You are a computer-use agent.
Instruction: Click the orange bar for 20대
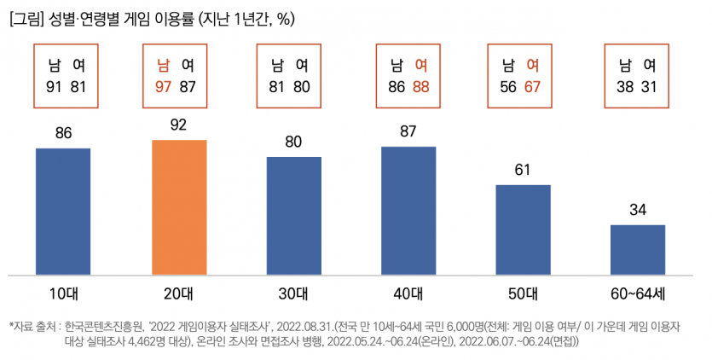[179, 207]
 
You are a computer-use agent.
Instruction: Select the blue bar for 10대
[63, 212]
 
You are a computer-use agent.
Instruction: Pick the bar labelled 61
[524, 229]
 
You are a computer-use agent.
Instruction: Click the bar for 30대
[293, 216]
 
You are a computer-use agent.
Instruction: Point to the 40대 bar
[408, 211]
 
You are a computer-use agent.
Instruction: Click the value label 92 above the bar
[179, 125]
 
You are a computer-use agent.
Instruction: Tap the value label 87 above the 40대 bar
[408, 132]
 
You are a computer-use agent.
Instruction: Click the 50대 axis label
[524, 293]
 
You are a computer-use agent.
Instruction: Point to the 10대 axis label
[63, 293]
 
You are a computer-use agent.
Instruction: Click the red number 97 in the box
[165, 85]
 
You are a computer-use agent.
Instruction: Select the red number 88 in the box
[420, 85]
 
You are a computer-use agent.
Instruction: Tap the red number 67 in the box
[534, 85]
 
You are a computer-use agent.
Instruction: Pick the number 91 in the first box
[51, 85]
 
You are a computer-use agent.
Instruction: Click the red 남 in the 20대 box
[165, 65]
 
